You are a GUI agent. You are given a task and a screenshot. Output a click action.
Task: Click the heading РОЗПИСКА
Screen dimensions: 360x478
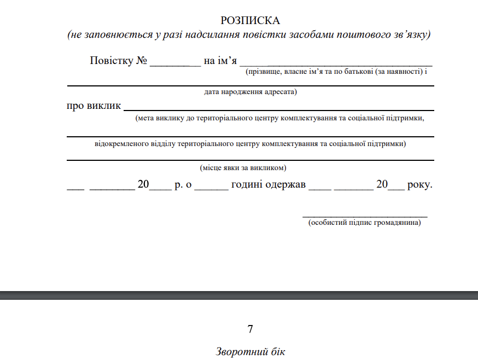(x=250, y=21)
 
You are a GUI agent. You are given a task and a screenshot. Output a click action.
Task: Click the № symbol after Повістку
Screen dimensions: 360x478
(x=142, y=60)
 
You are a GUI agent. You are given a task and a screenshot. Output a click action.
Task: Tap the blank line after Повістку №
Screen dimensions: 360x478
(x=175, y=64)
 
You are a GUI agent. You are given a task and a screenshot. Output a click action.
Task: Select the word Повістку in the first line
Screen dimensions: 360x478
(x=112, y=60)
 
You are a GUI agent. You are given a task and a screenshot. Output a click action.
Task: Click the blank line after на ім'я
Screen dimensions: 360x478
(x=336, y=64)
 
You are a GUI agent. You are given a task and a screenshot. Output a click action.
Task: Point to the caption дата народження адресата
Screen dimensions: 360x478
(x=250, y=92)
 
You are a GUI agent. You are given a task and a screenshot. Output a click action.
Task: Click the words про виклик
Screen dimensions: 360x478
(x=94, y=106)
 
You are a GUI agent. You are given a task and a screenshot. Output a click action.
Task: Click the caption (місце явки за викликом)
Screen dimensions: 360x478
(x=243, y=167)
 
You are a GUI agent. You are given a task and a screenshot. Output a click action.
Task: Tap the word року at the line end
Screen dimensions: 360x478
(x=420, y=185)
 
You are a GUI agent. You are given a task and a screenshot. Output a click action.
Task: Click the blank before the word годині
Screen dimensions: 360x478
(x=211, y=189)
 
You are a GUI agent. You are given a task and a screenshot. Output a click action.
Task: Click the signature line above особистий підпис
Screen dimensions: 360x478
(x=365, y=217)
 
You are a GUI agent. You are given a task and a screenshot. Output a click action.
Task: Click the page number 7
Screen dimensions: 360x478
(x=250, y=329)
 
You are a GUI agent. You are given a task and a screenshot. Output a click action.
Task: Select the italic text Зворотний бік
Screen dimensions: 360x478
(x=250, y=352)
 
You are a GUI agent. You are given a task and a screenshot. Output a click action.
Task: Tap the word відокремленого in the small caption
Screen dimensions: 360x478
(x=117, y=144)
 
